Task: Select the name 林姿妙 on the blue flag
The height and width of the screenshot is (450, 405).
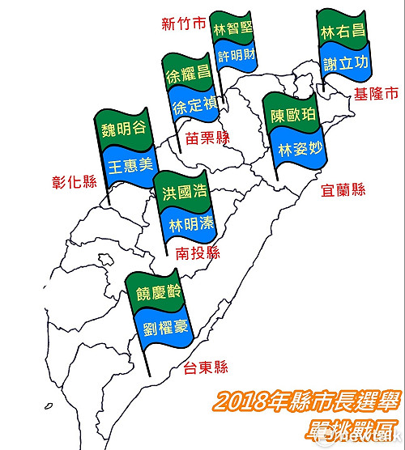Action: point(300,151)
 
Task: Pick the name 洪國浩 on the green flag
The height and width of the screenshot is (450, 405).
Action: point(179,194)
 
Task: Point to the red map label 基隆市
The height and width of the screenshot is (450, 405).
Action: point(377,95)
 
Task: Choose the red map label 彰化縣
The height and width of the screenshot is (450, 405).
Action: point(71,182)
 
